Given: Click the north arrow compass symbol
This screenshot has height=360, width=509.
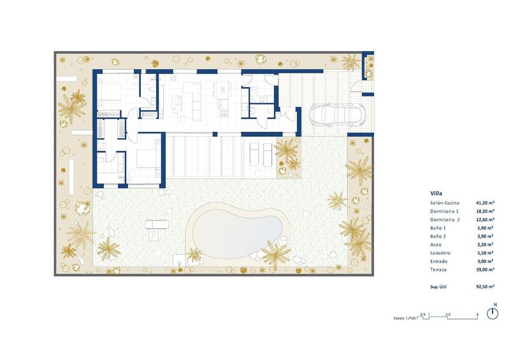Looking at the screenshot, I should click(x=492, y=313).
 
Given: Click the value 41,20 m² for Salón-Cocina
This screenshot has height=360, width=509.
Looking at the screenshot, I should click(x=485, y=202).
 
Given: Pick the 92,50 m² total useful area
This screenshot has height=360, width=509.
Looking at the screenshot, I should click(x=485, y=287).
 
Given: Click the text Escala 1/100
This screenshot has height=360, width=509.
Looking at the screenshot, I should click(x=404, y=317).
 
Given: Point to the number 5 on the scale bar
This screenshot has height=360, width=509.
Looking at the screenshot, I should click(x=477, y=315).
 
